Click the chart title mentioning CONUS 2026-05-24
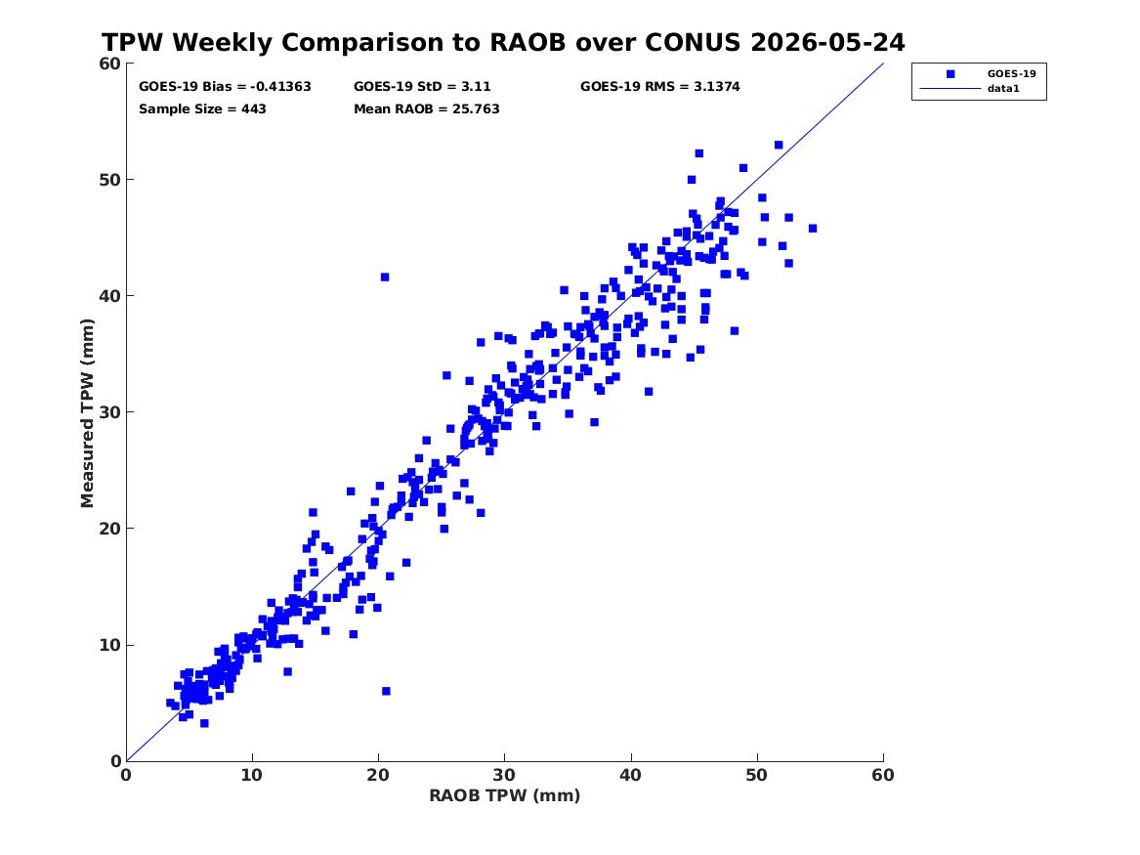tap(503, 42)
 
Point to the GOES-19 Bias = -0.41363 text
tap(225, 87)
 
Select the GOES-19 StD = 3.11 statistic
tap(422, 87)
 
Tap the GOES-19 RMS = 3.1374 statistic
tap(659, 87)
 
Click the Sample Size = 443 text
tap(202, 109)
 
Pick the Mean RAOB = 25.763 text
tap(426, 109)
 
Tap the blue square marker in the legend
tap(950, 73)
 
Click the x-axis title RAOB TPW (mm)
tap(505, 795)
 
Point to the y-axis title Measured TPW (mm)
tap(87, 413)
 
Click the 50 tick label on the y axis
tap(109, 180)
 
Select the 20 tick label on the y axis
tap(109, 529)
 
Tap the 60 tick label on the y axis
tap(109, 64)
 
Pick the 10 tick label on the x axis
tap(252, 775)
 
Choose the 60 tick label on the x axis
tap(883, 775)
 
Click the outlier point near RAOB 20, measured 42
tap(385, 277)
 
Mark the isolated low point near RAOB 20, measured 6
tap(386, 691)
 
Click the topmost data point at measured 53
tap(779, 145)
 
